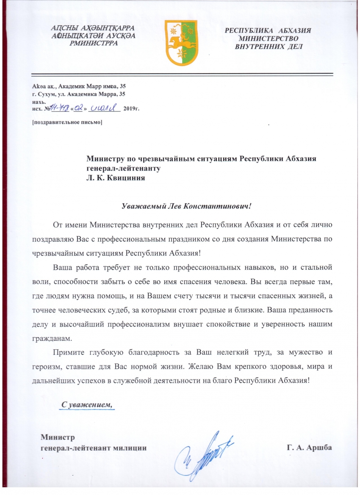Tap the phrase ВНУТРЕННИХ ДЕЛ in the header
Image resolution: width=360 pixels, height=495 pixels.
[269, 47]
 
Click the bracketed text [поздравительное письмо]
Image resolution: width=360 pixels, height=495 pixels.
[67, 123]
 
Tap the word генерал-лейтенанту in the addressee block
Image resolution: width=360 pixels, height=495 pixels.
[124, 168]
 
